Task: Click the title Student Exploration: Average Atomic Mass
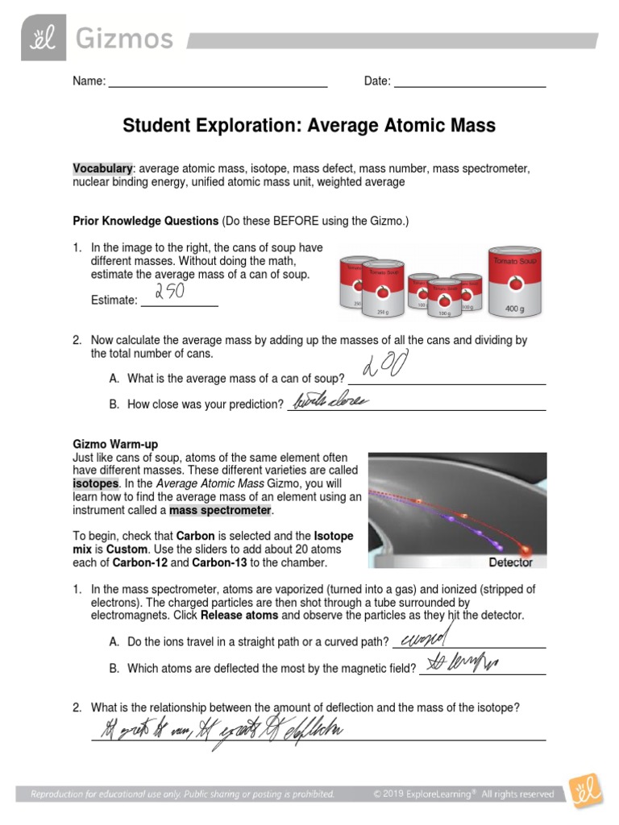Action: pyautogui.click(x=309, y=126)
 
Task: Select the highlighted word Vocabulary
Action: pyautogui.click(x=102, y=168)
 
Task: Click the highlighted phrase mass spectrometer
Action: pyautogui.click(x=221, y=511)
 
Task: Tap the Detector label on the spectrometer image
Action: pyautogui.click(x=511, y=562)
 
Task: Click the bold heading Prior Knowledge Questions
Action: pyautogui.click(x=146, y=220)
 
